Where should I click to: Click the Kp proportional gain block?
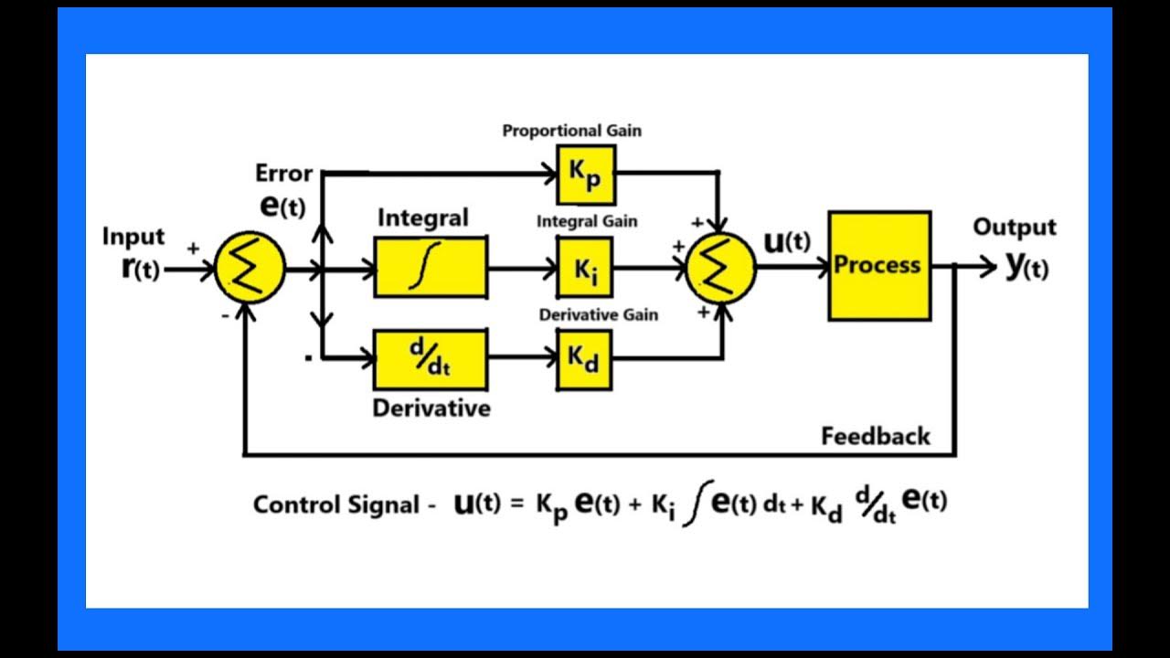pyautogui.click(x=586, y=175)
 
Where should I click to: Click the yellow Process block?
pyautogui.click(x=879, y=266)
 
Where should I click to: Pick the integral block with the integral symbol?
pyautogui.click(x=431, y=267)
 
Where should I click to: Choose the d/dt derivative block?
pyautogui.click(x=431, y=360)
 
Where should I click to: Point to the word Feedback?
pyautogui.click(x=875, y=436)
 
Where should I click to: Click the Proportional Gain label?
pyautogui.click(x=571, y=131)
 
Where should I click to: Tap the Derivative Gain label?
pyautogui.click(x=598, y=315)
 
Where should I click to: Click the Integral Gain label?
pyautogui.click(x=587, y=221)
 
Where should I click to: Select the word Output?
pyautogui.click(x=1014, y=228)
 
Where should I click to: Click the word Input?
pyautogui.click(x=133, y=237)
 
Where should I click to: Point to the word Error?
pyautogui.click(x=283, y=173)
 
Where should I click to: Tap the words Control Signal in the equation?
pyautogui.click(x=336, y=504)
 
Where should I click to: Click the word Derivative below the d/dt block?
pyautogui.click(x=431, y=408)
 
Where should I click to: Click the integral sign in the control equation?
pyautogui.click(x=696, y=507)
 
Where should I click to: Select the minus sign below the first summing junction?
pyautogui.click(x=225, y=315)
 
